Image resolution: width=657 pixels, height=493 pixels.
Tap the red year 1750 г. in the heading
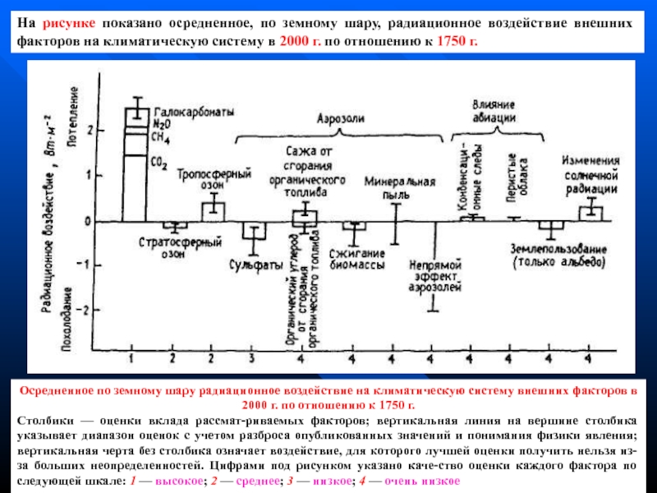pyautogui.click(x=457, y=41)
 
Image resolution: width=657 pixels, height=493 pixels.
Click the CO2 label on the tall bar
pyautogui.click(x=159, y=164)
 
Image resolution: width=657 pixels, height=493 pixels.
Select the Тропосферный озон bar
pyautogui.click(x=214, y=209)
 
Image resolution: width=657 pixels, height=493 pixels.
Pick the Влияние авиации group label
pyautogui.click(x=494, y=111)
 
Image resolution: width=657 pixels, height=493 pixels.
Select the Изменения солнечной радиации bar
pyautogui.click(x=590, y=213)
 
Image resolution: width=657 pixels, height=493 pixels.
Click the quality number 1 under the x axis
pyautogui.click(x=131, y=359)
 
